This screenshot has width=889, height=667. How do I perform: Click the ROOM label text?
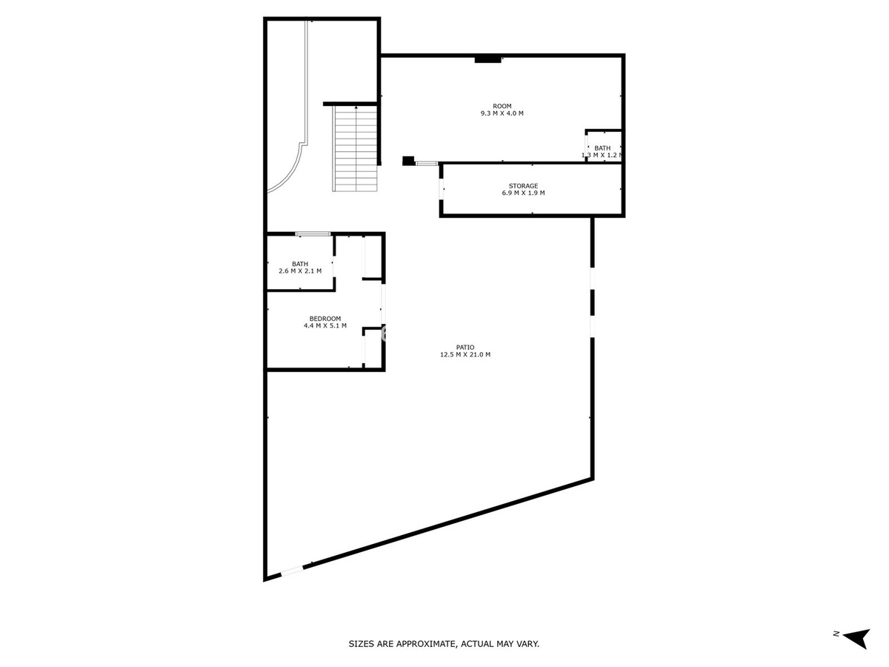click(x=502, y=106)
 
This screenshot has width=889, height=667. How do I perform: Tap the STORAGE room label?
click(x=523, y=186)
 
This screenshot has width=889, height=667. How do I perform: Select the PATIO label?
click(x=465, y=347)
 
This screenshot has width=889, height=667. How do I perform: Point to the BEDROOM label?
click(x=324, y=319)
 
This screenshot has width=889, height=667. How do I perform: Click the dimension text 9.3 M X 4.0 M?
click(x=502, y=113)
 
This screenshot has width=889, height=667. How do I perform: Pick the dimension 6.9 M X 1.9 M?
click(x=523, y=193)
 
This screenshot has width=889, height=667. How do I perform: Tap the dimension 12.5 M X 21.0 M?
click(x=465, y=354)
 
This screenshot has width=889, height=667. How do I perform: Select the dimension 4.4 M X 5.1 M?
click(x=324, y=325)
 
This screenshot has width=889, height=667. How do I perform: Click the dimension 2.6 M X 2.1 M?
click(x=300, y=271)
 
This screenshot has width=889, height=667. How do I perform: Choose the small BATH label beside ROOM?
click(x=602, y=148)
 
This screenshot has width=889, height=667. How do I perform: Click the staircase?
click(x=355, y=148)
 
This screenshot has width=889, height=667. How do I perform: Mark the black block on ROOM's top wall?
click(x=487, y=60)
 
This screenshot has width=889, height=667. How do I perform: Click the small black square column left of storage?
click(x=408, y=161)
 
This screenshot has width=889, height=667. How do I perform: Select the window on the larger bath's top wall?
click(x=313, y=233)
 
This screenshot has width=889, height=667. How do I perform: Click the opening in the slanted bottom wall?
click(x=292, y=571)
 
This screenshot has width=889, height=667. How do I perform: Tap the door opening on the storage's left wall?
click(x=441, y=189)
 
